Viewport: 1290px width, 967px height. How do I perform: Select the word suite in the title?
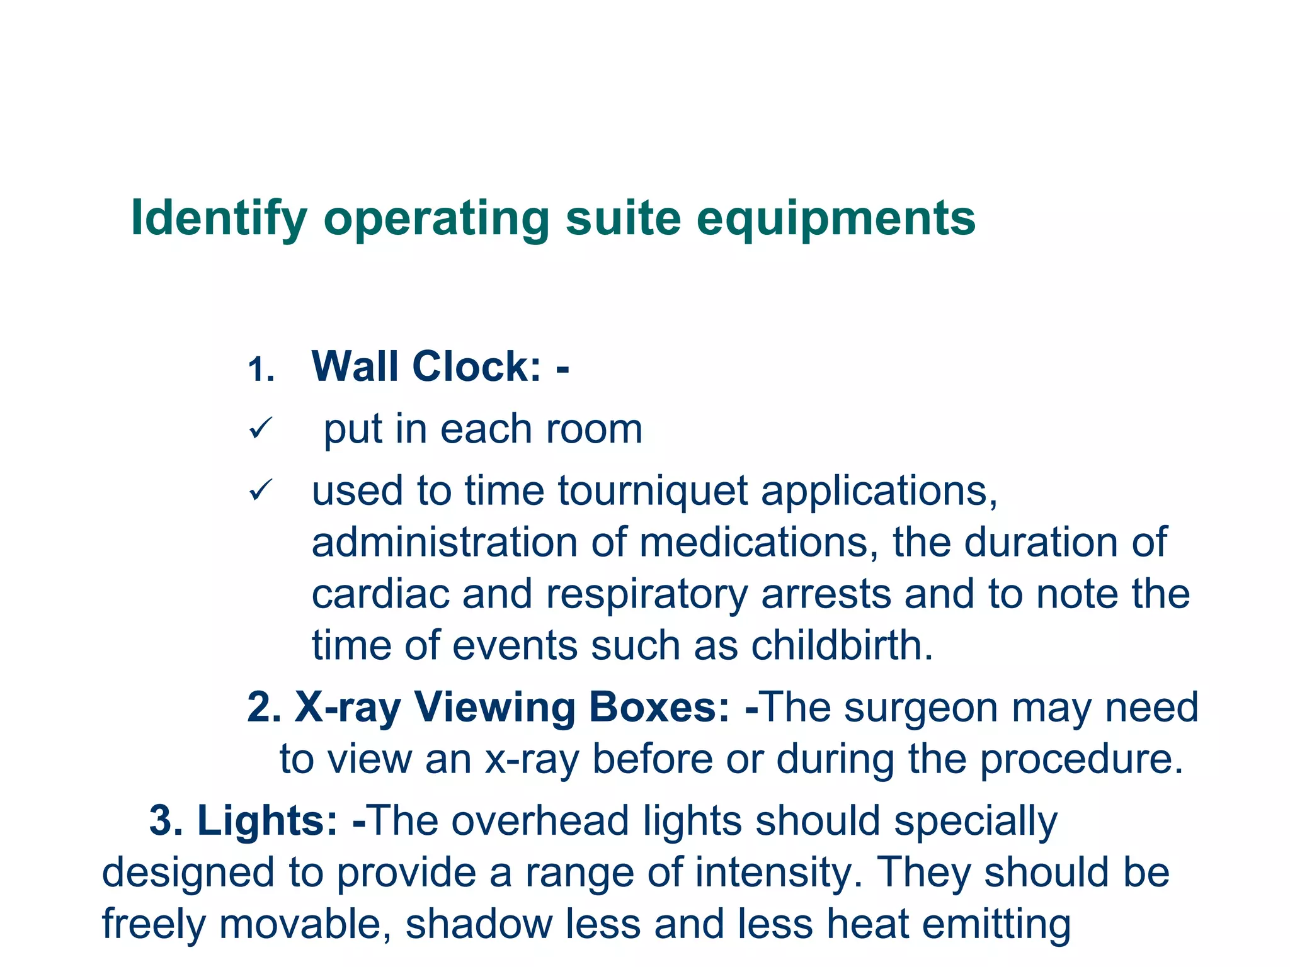point(623,218)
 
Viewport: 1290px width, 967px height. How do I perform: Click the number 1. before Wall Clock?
point(261,370)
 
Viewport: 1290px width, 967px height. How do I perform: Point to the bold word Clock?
point(476,366)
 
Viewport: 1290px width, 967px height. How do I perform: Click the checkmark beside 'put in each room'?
point(260,429)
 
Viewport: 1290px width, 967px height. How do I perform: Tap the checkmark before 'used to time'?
point(260,490)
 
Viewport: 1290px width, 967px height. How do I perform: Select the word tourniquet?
point(653,491)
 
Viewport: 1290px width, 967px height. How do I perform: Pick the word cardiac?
point(380,594)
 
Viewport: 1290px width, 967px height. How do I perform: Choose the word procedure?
point(1082,760)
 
